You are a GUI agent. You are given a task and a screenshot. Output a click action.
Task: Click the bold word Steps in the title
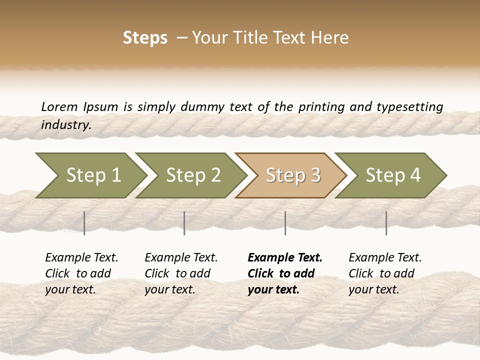pos(145,38)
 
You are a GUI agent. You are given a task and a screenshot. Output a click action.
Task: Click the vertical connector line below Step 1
pos(84,223)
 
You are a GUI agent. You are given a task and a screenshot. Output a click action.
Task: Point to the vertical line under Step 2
pos(184,223)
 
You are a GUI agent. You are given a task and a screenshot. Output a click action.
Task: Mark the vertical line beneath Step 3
pos(285,223)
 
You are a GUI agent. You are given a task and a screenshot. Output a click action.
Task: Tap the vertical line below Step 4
pos(386,223)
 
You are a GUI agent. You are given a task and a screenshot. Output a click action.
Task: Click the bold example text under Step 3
pos(285,273)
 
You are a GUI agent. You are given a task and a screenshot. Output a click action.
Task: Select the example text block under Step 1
pos(81,273)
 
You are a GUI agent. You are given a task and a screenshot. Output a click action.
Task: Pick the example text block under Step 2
pos(181,273)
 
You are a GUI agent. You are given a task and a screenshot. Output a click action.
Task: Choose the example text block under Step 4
pos(385,273)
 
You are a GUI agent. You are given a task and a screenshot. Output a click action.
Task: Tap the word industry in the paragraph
pos(65,124)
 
